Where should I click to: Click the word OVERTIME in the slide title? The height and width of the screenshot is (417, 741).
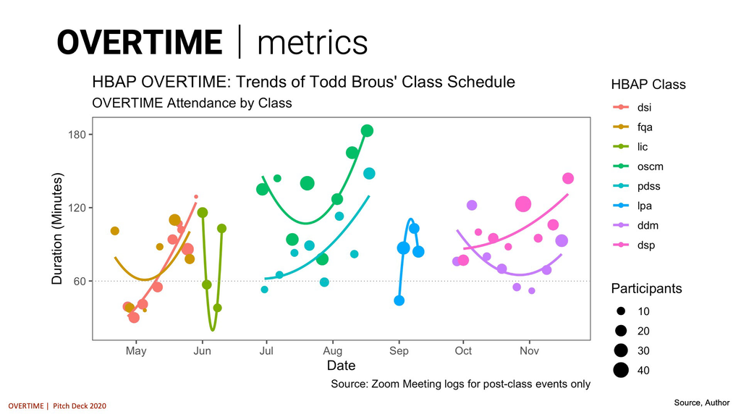[x=140, y=42]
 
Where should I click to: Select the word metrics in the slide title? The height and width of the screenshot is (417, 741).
[x=313, y=42]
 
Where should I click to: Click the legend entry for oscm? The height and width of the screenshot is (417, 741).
[x=650, y=167]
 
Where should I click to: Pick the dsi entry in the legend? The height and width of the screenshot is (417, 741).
[x=644, y=108]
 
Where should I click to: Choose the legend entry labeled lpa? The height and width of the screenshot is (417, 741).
[x=644, y=206]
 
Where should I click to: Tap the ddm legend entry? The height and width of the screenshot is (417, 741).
[x=647, y=225]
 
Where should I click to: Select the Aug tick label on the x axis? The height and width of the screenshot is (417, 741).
[x=332, y=351]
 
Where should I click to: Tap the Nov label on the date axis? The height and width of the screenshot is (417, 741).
[x=529, y=351]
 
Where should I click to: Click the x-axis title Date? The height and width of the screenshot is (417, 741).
[x=341, y=366]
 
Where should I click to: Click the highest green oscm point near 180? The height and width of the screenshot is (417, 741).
[x=367, y=131]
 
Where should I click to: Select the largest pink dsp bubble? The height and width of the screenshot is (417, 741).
[x=523, y=204]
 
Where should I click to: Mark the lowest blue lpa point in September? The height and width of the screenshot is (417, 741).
[x=399, y=300]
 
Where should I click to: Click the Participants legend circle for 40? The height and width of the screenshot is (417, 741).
[x=621, y=371]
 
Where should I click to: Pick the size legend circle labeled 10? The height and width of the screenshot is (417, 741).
[x=621, y=311]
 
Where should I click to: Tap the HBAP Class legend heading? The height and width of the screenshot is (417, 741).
[x=648, y=85]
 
